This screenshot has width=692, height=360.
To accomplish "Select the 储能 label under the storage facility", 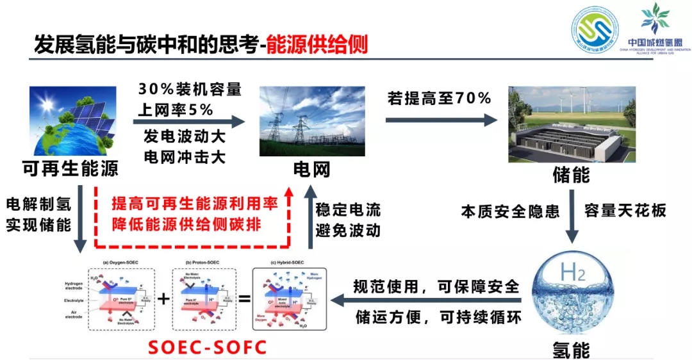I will coord(571,174).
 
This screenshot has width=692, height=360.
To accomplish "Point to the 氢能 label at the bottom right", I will coord(571,350).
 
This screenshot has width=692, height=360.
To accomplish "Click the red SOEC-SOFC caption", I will coord(207,347).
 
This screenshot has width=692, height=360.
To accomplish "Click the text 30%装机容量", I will coord(190,90).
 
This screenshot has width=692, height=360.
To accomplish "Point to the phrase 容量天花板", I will coord(625,210).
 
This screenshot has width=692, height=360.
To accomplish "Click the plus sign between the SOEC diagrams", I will coord(164,299).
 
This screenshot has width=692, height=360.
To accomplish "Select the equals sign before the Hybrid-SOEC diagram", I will coord(244,299).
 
